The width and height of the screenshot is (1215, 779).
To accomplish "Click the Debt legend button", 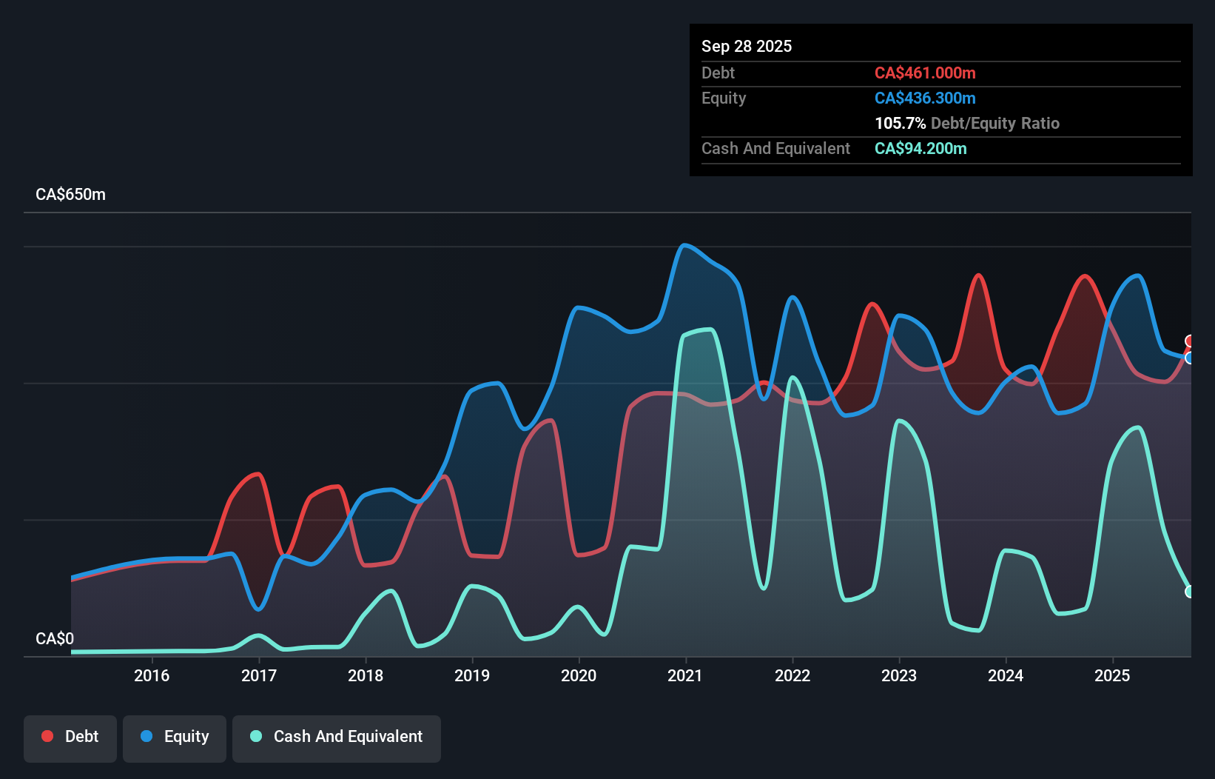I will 70,737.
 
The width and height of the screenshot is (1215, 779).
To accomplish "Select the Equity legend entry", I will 175,737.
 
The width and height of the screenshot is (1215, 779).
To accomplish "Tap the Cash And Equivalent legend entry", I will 337,737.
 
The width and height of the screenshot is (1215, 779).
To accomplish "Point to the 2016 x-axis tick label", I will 152,675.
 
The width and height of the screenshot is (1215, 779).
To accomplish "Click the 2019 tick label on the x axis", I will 472,675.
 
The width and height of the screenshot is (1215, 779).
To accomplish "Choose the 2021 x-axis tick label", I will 685,675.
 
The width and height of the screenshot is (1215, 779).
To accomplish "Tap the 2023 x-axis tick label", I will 899,675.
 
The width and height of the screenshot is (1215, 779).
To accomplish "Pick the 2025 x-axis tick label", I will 1112,675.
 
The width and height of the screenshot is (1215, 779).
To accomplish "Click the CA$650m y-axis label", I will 70,195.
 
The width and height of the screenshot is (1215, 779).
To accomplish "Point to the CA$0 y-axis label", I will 55,638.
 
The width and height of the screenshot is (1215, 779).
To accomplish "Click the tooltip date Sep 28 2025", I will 746,46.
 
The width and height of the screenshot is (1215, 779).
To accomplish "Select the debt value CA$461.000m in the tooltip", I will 925,73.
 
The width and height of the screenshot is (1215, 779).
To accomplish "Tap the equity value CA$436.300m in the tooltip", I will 925,98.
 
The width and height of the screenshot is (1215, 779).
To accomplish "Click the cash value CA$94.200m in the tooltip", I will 920,148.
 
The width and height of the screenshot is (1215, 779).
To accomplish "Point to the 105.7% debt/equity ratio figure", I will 900,123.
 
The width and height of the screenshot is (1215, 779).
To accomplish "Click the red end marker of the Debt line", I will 1190,341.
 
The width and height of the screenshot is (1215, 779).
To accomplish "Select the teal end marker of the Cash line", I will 1190,592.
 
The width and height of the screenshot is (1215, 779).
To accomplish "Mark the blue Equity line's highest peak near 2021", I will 684,245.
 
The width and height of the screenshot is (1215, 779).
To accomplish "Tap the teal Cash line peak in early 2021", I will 709,330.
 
